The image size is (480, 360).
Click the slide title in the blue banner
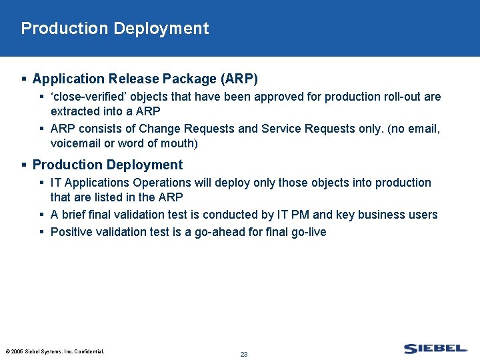[x=115, y=29]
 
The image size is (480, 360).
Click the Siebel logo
[x=435, y=349]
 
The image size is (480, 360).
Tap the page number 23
[x=244, y=354]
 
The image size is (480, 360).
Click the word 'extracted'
[x=75, y=111]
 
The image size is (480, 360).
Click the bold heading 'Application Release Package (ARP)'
[x=145, y=79]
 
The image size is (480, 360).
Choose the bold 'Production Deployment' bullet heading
[x=107, y=165]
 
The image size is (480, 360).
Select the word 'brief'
[x=75, y=215]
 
